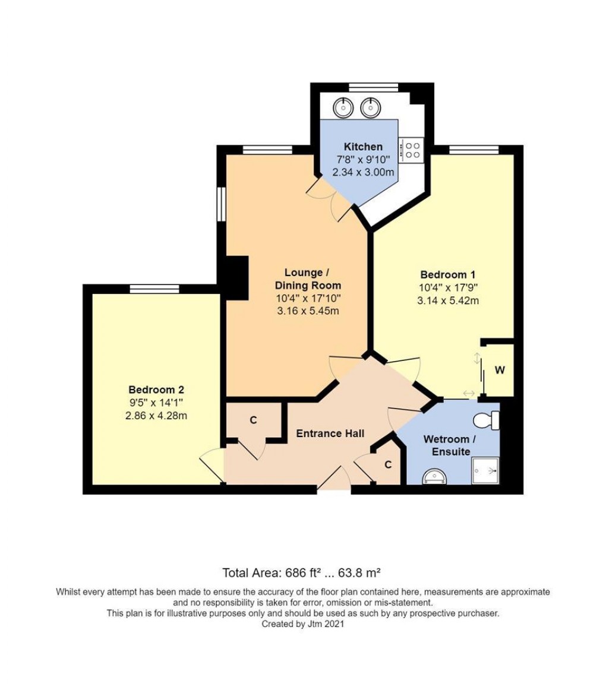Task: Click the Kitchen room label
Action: pos(363,147)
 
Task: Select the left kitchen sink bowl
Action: pos(343,108)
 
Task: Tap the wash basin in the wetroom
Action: pos(434,476)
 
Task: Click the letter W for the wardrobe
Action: pos(500,370)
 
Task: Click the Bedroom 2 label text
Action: pos(156,390)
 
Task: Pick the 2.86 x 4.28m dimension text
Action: pos(156,416)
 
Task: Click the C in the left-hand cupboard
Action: pos(253,420)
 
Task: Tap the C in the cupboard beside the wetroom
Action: pos(387,465)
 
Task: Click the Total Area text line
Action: pos(301,573)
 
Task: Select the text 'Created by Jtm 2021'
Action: pos(302,624)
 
